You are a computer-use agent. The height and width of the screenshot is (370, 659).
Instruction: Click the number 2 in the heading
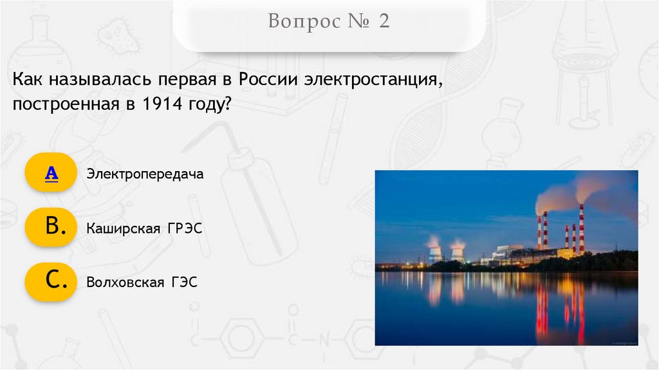384,22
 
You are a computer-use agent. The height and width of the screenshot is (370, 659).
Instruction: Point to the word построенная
61,104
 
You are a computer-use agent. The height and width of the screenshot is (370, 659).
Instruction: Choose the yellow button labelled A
51,172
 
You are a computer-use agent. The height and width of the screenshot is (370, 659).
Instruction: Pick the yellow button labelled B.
51,227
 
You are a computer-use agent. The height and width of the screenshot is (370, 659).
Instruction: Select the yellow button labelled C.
51,282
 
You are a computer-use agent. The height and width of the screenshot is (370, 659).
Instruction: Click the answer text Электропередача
145,174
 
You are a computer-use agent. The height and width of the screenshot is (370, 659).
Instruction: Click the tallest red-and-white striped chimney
581,228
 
